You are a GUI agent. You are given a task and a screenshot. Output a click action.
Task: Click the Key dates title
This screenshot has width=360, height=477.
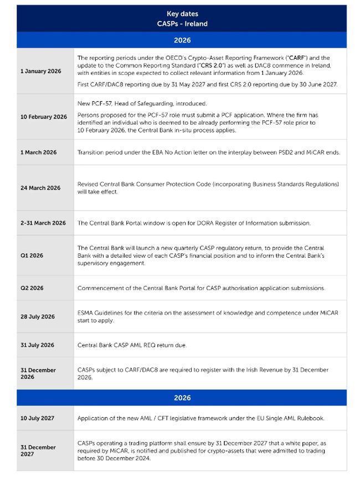point(182,14)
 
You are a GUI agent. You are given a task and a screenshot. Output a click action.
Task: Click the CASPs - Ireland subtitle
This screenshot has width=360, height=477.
point(182,24)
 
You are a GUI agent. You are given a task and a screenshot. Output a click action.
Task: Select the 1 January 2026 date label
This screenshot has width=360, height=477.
point(40,71)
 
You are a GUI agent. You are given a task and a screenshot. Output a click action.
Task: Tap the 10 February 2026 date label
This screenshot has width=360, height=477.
point(44,117)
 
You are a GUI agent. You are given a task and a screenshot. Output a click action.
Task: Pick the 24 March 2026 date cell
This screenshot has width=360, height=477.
point(40,188)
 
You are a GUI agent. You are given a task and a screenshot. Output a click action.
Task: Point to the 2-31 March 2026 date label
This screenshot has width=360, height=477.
point(43,223)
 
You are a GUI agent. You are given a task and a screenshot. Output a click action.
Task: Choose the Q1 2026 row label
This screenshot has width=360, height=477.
point(32,255)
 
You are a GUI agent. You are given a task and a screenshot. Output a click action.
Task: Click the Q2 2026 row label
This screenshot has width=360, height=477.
point(32,288)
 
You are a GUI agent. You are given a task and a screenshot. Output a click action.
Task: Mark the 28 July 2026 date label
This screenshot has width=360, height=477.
point(38,317)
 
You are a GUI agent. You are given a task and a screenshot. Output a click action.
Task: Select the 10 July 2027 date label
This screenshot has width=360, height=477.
point(38,418)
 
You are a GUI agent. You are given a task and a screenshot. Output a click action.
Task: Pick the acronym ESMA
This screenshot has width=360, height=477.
point(86,313)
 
